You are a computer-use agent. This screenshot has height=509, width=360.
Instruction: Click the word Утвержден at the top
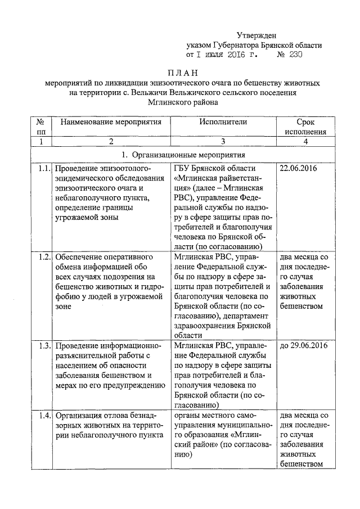pyautogui.click(x=256, y=36)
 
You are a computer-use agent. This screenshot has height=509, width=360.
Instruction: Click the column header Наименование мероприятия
pyautogui.click(x=111, y=121)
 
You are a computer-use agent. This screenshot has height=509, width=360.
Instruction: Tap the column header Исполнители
pyautogui.click(x=223, y=121)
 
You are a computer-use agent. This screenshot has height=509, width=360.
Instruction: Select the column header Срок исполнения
pyautogui.click(x=305, y=127)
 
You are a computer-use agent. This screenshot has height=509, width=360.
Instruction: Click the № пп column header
pyautogui.click(x=40, y=127)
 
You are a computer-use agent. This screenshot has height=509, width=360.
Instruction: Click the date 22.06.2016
pyautogui.click(x=299, y=168)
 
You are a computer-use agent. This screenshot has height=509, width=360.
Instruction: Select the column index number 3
pyautogui.click(x=223, y=141)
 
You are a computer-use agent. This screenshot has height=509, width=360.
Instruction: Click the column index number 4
pyautogui.click(x=305, y=141)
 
